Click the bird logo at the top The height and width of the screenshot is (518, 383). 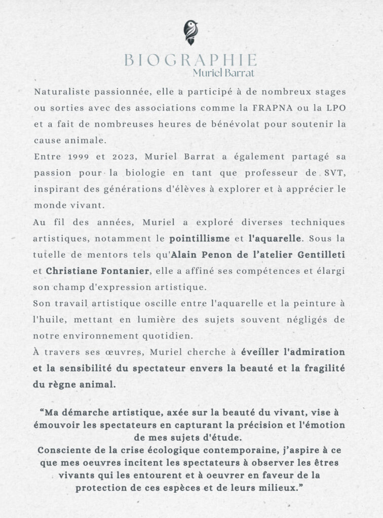(x=191, y=32)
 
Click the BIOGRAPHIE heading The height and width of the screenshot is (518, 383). (x=190, y=60)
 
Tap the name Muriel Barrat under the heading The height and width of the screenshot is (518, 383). (x=223, y=73)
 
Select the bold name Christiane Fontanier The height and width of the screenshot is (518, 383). (x=97, y=271)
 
